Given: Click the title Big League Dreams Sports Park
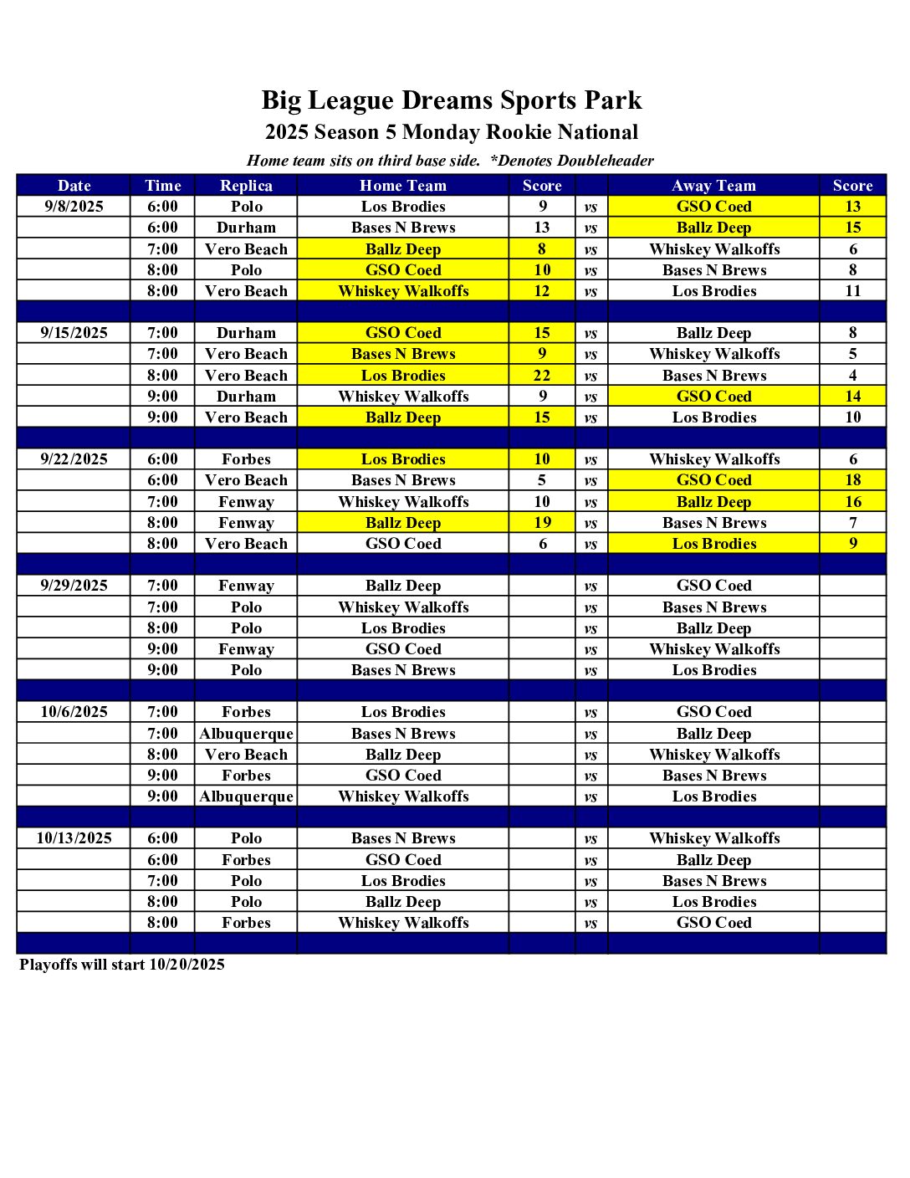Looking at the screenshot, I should [x=452, y=100].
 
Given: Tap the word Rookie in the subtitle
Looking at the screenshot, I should [x=519, y=132].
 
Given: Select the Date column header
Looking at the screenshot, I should [x=74, y=186].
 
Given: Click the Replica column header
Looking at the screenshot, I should [x=246, y=186].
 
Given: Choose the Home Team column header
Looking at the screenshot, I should [x=403, y=186].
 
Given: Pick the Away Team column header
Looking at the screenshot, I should [x=713, y=186].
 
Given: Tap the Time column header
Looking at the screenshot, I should [x=162, y=186].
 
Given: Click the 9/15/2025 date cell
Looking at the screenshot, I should [x=74, y=333].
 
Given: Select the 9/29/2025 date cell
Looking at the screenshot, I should [x=74, y=586].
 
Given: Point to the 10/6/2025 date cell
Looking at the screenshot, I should [x=74, y=712].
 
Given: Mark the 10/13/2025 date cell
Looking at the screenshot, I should [x=74, y=838].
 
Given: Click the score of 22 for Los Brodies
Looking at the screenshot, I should [x=542, y=376].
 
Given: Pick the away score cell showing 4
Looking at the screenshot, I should [x=852, y=376].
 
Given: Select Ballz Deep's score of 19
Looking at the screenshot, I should [x=542, y=523].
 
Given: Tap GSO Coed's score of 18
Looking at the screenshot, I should [x=852, y=480].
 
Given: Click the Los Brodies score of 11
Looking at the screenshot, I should [x=852, y=291].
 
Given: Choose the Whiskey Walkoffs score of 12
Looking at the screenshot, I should [x=542, y=291].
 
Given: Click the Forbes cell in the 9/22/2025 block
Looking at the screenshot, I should [x=246, y=459].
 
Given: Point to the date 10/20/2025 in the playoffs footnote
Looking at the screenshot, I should [x=187, y=965].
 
